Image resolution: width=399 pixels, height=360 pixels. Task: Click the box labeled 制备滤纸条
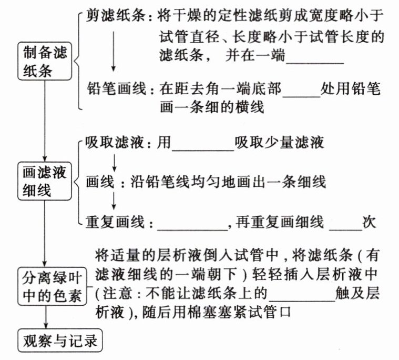click(x=45, y=62)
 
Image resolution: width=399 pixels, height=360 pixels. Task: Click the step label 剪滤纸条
click(x=116, y=17)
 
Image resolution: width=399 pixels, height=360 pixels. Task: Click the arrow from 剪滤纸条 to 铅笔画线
click(x=113, y=53)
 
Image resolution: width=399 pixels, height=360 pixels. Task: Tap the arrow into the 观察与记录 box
click(x=46, y=318)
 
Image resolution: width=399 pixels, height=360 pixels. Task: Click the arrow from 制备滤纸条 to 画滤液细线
click(x=46, y=121)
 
